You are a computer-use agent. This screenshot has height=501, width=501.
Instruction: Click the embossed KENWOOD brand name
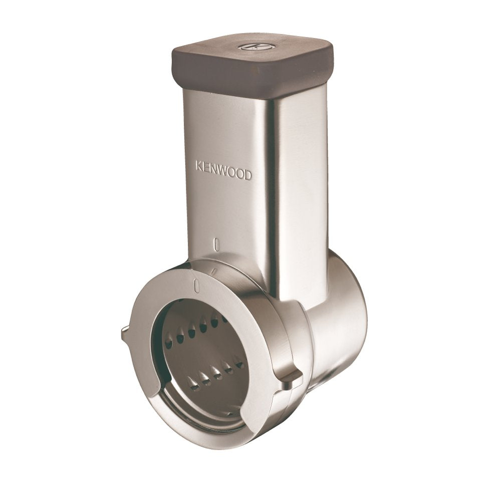[223, 171]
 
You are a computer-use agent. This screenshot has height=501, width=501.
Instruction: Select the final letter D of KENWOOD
[247, 175]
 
